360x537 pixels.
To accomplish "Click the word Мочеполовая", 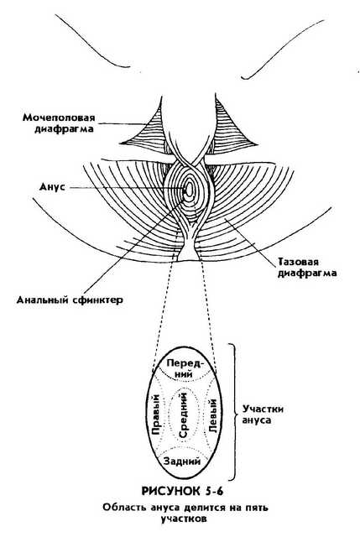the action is [59, 117].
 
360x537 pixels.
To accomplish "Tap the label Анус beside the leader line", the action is [52, 187].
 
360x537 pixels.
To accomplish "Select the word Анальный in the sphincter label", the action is [43, 300].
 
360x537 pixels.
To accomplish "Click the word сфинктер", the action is [97, 300].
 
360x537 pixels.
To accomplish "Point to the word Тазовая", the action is [298, 262].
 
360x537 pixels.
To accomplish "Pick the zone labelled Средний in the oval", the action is [183, 415].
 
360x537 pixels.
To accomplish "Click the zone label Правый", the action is [156, 415].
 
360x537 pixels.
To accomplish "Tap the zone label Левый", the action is [213, 415].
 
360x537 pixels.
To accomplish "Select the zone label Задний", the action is [182, 461].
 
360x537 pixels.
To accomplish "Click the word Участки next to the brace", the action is [263, 409].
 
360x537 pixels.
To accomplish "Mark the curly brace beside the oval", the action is [233, 412].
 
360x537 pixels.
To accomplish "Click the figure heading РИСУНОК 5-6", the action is [183, 491].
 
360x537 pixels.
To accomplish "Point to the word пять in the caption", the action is [256, 508].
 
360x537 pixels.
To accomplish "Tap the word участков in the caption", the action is [184, 519].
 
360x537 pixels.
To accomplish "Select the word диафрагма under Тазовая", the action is [306, 274].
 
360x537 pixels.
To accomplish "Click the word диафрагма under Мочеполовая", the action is [64, 129].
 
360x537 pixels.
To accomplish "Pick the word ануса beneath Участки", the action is [256, 420].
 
